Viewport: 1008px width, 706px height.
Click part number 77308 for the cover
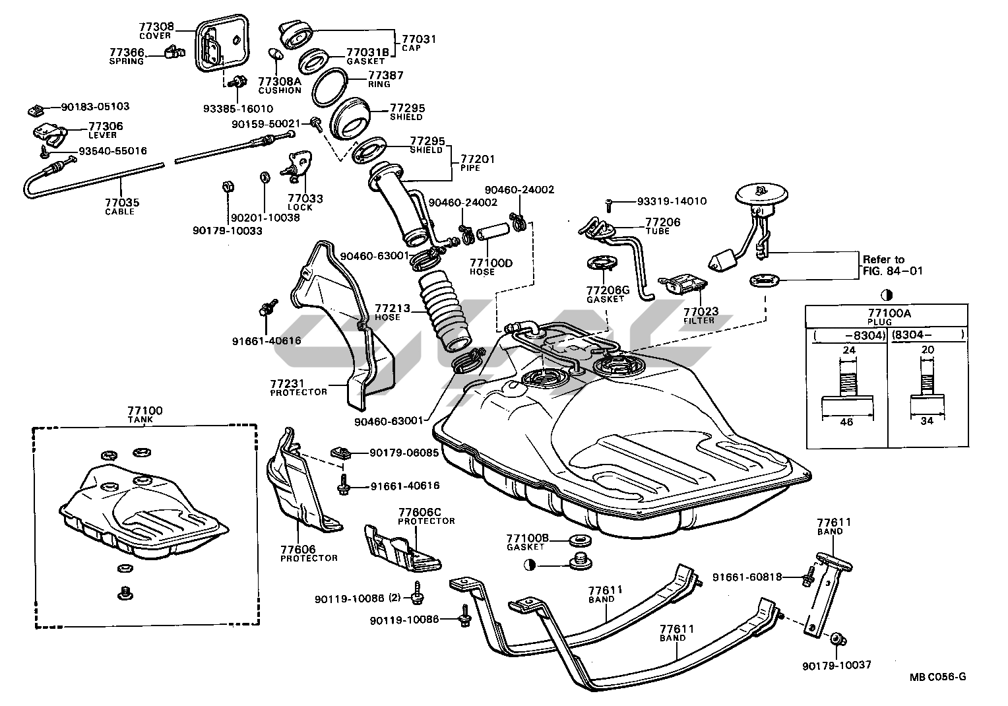(x=156, y=27)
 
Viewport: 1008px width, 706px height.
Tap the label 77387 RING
(x=385, y=79)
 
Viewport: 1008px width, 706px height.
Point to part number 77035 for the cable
(x=122, y=203)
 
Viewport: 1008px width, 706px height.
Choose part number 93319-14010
(x=672, y=201)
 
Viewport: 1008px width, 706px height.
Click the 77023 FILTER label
(x=701, y=315)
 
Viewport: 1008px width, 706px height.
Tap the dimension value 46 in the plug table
(x=846, y=422)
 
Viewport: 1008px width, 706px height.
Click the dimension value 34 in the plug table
(x=926, y=421)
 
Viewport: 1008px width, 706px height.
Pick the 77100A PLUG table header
(x=889, y=317)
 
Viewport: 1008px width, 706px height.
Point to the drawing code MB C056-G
(x=937, y=677)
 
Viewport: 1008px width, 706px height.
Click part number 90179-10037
(x=836, y=665)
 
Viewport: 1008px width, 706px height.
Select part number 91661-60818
(x=747, y=577)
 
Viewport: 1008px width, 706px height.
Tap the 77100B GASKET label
(x=528, y=542)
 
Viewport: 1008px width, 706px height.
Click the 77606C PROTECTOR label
(x=426, y=516)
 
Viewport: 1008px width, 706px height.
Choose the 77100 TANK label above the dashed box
(x=145, y=414)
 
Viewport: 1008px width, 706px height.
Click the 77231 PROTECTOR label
(x=298, y=387)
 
